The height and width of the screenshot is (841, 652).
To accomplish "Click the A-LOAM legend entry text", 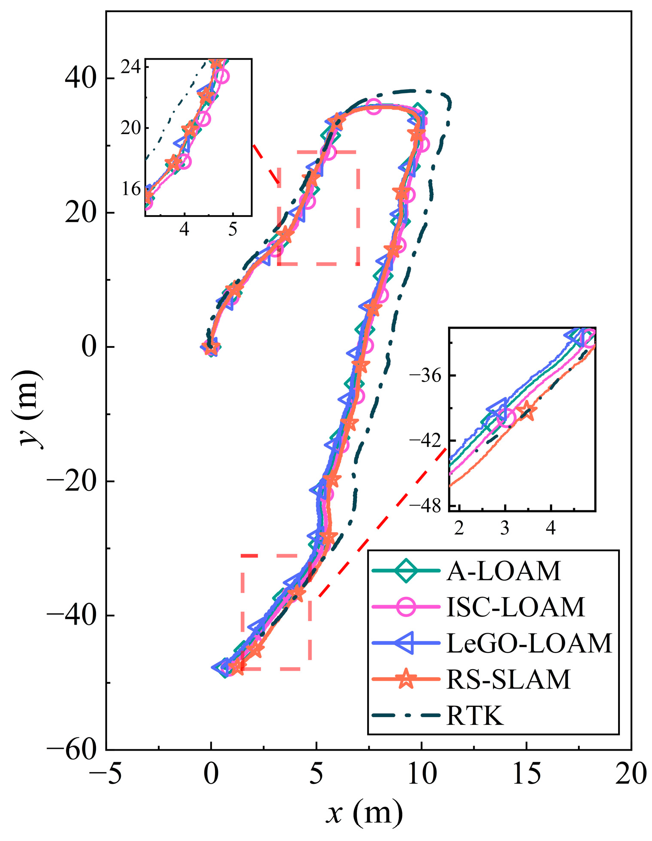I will (503, 571).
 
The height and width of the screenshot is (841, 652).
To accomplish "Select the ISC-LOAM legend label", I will (515, 607).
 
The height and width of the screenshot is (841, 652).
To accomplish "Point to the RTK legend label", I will (475, 715).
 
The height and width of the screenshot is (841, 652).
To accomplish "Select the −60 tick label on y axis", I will (71, 750).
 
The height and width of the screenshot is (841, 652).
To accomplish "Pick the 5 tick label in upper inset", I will (232, 229).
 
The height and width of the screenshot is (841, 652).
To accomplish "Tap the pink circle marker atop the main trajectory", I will (374, 107).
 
